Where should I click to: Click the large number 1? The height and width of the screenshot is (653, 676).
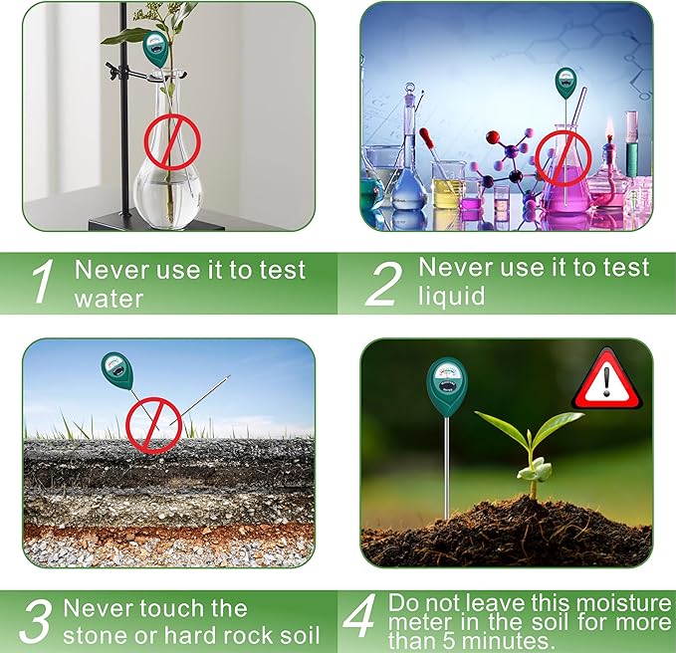click(41, 284)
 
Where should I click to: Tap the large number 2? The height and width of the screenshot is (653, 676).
click(382, 284)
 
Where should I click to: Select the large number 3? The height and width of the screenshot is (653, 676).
click(36, 622)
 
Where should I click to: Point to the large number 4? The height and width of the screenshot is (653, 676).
click(358, 620)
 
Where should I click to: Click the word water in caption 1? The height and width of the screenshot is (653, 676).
click(110, 299)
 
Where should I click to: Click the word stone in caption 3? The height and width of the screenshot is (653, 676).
click(97, 635)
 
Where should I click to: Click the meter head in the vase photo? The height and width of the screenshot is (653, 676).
click(155, 47)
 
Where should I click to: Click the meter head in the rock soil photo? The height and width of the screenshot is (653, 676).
click(116, 371)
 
